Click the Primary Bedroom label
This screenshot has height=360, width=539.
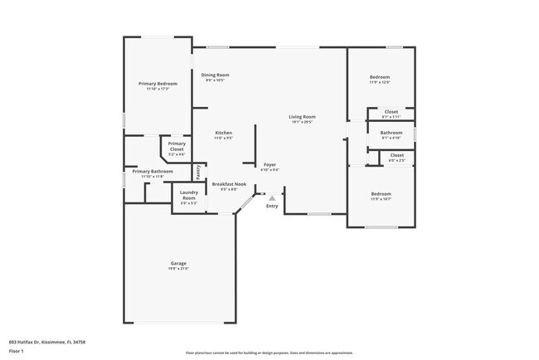point(158,84)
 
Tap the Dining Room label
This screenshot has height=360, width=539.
point(216,75)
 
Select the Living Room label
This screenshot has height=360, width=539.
point(302,117)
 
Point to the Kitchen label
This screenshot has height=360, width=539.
point(223,133)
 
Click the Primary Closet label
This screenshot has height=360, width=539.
point(176,146)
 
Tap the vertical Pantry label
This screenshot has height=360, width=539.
point(198,172)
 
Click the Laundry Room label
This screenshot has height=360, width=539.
point(188,196)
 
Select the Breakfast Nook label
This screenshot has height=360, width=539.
point(229,184)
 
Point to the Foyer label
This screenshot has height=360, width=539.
point(269,165)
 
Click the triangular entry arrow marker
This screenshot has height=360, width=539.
point(271,198)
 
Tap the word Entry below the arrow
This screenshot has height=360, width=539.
point(272,207)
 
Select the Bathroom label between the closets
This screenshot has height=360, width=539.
point(391,133)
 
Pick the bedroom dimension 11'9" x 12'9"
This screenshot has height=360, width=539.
point(380,82)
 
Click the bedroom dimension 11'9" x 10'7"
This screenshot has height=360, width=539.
point(380,199)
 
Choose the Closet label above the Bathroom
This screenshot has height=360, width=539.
point(391,111)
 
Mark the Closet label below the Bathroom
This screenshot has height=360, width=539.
point(396,155)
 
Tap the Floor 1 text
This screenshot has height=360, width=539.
point(17,350)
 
